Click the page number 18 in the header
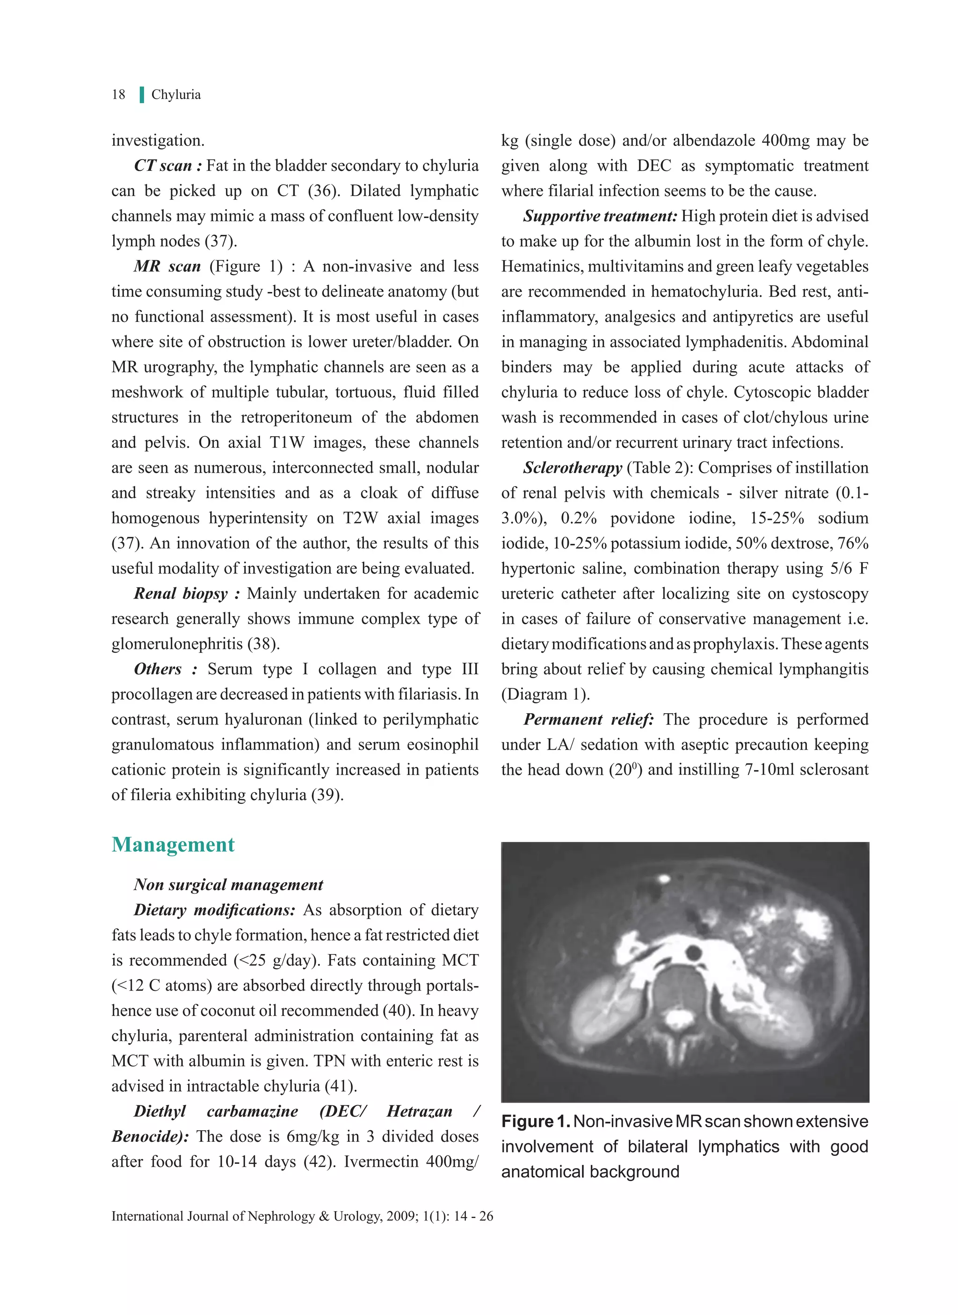[118, 95]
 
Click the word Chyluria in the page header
[176, 95]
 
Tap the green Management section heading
[173, 845]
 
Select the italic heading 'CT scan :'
[167, 166]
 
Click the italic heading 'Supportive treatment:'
[600, 216]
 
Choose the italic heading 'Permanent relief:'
[588, 719]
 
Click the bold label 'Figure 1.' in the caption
[535, 1121]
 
